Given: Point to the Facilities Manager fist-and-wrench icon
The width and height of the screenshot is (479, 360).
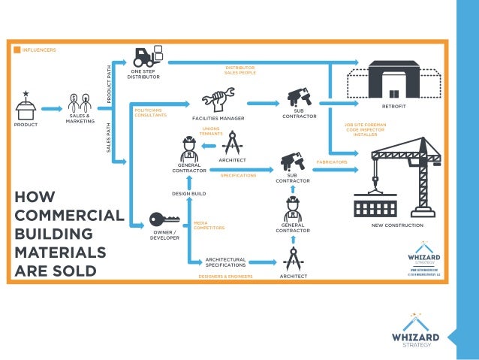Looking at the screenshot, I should point(218,99).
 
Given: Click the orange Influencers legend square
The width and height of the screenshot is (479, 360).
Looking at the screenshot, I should point(17,50).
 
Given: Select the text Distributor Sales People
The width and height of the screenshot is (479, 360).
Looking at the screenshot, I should point(240,71).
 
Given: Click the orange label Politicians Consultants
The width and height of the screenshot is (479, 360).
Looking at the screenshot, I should point(149,113).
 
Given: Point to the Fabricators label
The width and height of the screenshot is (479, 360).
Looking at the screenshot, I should point(331,161).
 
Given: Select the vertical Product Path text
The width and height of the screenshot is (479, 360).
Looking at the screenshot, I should point(109,83).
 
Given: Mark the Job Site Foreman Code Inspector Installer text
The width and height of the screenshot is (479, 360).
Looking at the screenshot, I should point(366,129).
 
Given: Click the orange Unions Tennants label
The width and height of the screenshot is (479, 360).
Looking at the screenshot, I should point(211,132).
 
